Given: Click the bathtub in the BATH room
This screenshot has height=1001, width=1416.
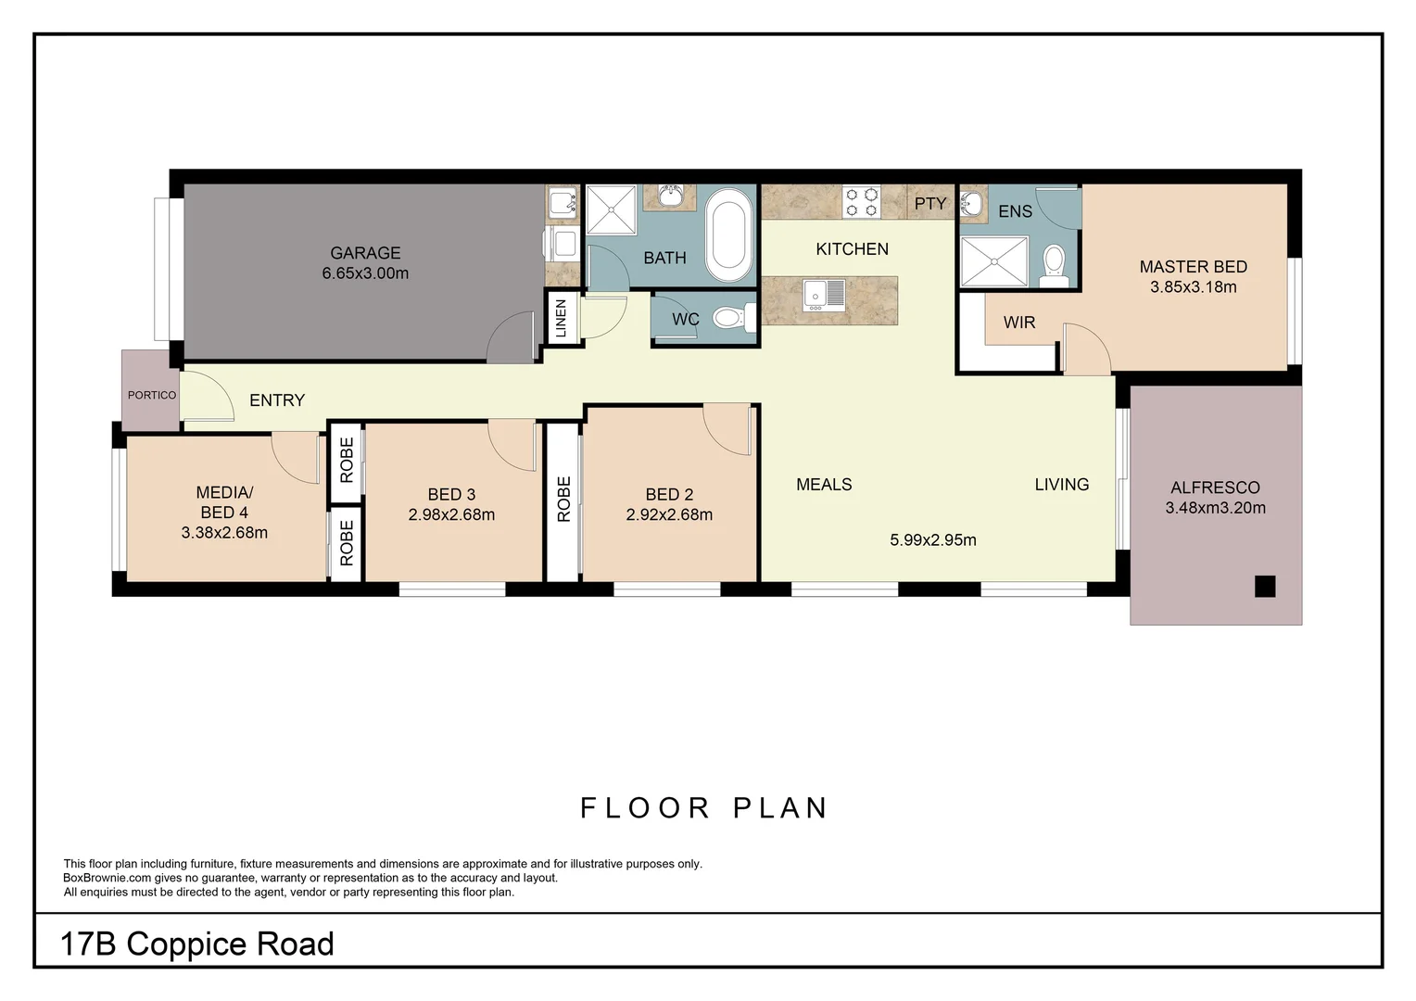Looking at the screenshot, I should [x=729, y=235].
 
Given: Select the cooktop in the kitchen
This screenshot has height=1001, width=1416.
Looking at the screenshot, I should [x=861, y=203].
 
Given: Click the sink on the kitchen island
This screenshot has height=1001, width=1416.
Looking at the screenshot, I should [x=824, y=293].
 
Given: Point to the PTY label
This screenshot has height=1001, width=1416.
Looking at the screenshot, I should [x=930, y=204].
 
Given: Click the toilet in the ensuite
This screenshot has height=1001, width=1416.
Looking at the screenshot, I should [x=1055, y=261].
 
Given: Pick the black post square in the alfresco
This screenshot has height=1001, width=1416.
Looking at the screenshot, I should [x=1265, y=586].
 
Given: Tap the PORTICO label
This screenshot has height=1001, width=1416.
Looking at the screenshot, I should [x=152, y=395].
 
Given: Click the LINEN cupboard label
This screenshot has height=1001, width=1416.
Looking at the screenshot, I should [x=561, y=318].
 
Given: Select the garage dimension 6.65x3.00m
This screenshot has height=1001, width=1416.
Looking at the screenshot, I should [x=365, y=273].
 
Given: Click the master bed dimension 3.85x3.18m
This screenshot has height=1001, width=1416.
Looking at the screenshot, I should [x=1193, y=287].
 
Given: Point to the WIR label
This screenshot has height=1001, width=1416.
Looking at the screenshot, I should [x=1019, y=323].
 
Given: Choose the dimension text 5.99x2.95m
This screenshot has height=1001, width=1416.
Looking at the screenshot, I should [x=933, y=540].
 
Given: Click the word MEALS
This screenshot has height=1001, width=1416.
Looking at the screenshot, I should [x=824, y=485].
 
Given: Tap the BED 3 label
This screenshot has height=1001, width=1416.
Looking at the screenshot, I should [x=451, y=495].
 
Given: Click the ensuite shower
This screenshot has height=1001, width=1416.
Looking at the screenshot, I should [x=994, y=261].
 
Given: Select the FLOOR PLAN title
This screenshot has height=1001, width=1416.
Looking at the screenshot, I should [x=704, y=808].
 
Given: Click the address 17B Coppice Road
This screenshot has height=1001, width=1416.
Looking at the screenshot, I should [x=196, y=944].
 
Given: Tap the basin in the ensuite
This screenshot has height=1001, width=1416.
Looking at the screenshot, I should [x=971, y=204].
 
